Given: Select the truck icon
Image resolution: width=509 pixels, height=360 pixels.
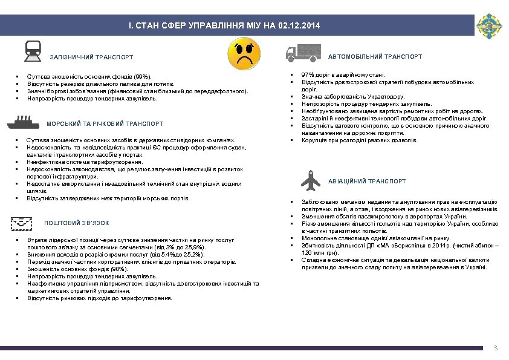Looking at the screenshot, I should click(300, 54).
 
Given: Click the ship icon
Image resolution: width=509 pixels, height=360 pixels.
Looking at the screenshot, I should click(22, 123).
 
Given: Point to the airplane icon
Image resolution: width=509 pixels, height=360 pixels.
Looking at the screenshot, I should click(312, 180).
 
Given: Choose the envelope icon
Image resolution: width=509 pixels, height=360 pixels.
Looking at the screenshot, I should click(22, 223).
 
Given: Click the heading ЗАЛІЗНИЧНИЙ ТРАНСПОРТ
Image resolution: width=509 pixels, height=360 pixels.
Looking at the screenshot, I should click(91, 57).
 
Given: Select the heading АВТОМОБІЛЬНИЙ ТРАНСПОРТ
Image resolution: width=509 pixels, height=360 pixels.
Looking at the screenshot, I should click(375, 57).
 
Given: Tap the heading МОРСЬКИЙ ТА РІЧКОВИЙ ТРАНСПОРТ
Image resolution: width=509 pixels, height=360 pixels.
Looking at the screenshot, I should click(105, 124).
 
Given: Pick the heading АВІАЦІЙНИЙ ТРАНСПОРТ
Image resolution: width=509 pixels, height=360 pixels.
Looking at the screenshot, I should click(367, 182).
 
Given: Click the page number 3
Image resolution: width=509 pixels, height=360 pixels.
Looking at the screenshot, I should click(495, 348).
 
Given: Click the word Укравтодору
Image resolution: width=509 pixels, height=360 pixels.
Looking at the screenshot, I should click(385, 96).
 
